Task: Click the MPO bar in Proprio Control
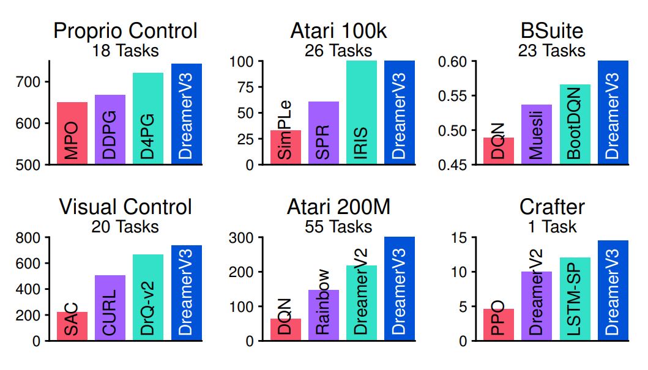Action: point(72,133)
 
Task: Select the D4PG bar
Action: point(148,119)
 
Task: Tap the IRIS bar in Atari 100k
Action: point(361,113)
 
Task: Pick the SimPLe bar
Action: point(285,147)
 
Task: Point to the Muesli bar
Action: point(537,135)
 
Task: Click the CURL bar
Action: point(110,308)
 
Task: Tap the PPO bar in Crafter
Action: point(499,325)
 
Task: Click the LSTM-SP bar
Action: point(575,299)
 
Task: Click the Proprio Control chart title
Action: point(125,31)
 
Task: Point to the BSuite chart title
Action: point(553,31)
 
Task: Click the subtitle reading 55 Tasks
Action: point(338,227)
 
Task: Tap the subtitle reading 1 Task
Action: point(553,227)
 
